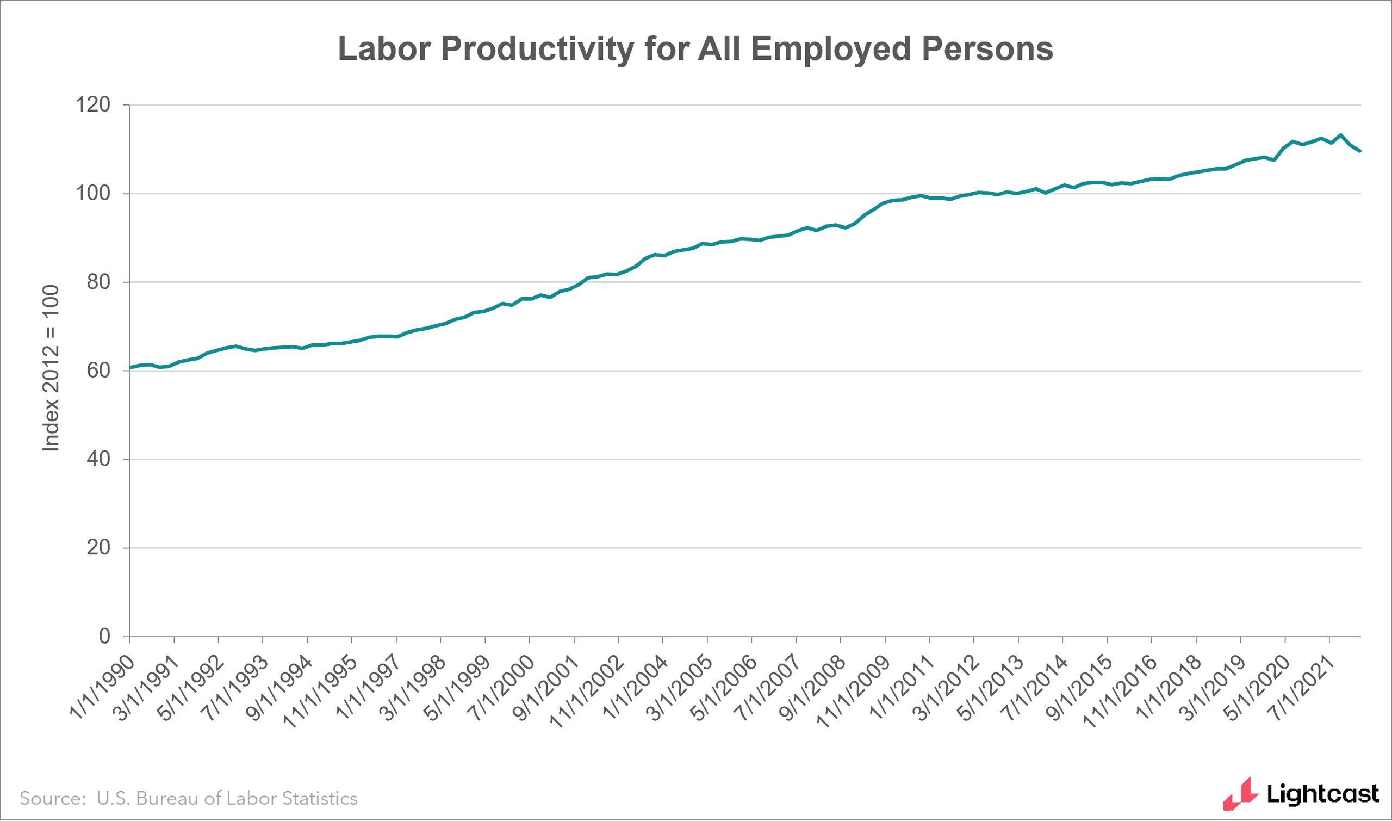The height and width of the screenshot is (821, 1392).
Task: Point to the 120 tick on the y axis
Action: click(x=93, y=104)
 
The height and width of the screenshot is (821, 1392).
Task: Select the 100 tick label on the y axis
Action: click(x=93, y=193)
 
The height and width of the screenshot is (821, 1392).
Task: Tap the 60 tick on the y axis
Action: click(x=98, y=370)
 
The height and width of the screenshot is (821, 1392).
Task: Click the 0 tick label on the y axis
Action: click(x=104, y=636)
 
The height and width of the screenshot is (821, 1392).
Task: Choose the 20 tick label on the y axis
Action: click(x=98, y=548)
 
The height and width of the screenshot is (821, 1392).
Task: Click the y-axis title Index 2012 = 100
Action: click(x=51, y=368)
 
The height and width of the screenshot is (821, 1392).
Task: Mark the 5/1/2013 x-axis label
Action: click(x=991, y=687)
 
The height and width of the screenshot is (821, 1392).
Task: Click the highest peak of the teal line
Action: click(x=1340, y=135)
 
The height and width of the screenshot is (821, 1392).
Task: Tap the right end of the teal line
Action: click(x=1360, y=151)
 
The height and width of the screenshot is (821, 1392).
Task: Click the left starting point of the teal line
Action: click(x=130, y=367)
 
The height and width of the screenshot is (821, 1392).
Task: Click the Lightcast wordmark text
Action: click(x=1322, y=794)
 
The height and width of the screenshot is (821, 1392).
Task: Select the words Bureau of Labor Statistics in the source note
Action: click(x=246, y=798)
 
